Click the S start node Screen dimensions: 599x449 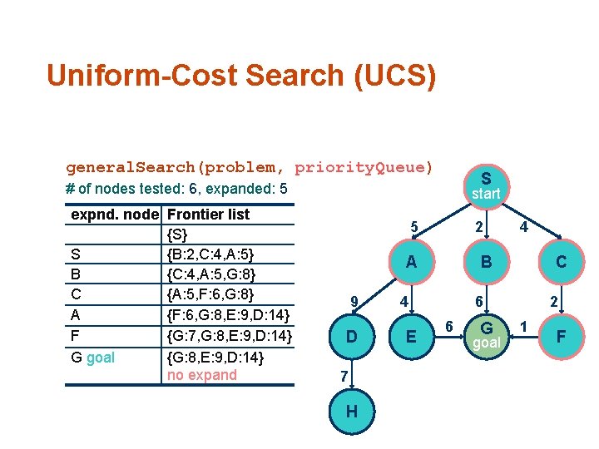click(x=486, y=185)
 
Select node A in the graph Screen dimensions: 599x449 click(x=411, y=262)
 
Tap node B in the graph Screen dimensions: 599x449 click(x=486, y=262)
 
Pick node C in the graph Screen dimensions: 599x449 click(x=561, y=262)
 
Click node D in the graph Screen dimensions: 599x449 click(x=352, y=337)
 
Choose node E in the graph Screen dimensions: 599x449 click(x=411, y=337)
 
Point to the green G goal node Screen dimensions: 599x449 click(x=486, y=334)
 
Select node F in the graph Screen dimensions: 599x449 click(x=561, y=337)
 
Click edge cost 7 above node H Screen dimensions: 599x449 click(x=344, y=377)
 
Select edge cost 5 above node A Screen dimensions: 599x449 click(x=413, y=226)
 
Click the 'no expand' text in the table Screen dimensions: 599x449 click(x=202, y=375)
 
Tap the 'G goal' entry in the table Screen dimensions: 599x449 click(x=93, y=358)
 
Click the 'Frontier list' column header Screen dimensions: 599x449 click(x=209, y=215)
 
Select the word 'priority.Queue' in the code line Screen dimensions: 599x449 click(x=364, y=167)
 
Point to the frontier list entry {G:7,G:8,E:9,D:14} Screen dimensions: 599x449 click(x=230, y=338)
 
